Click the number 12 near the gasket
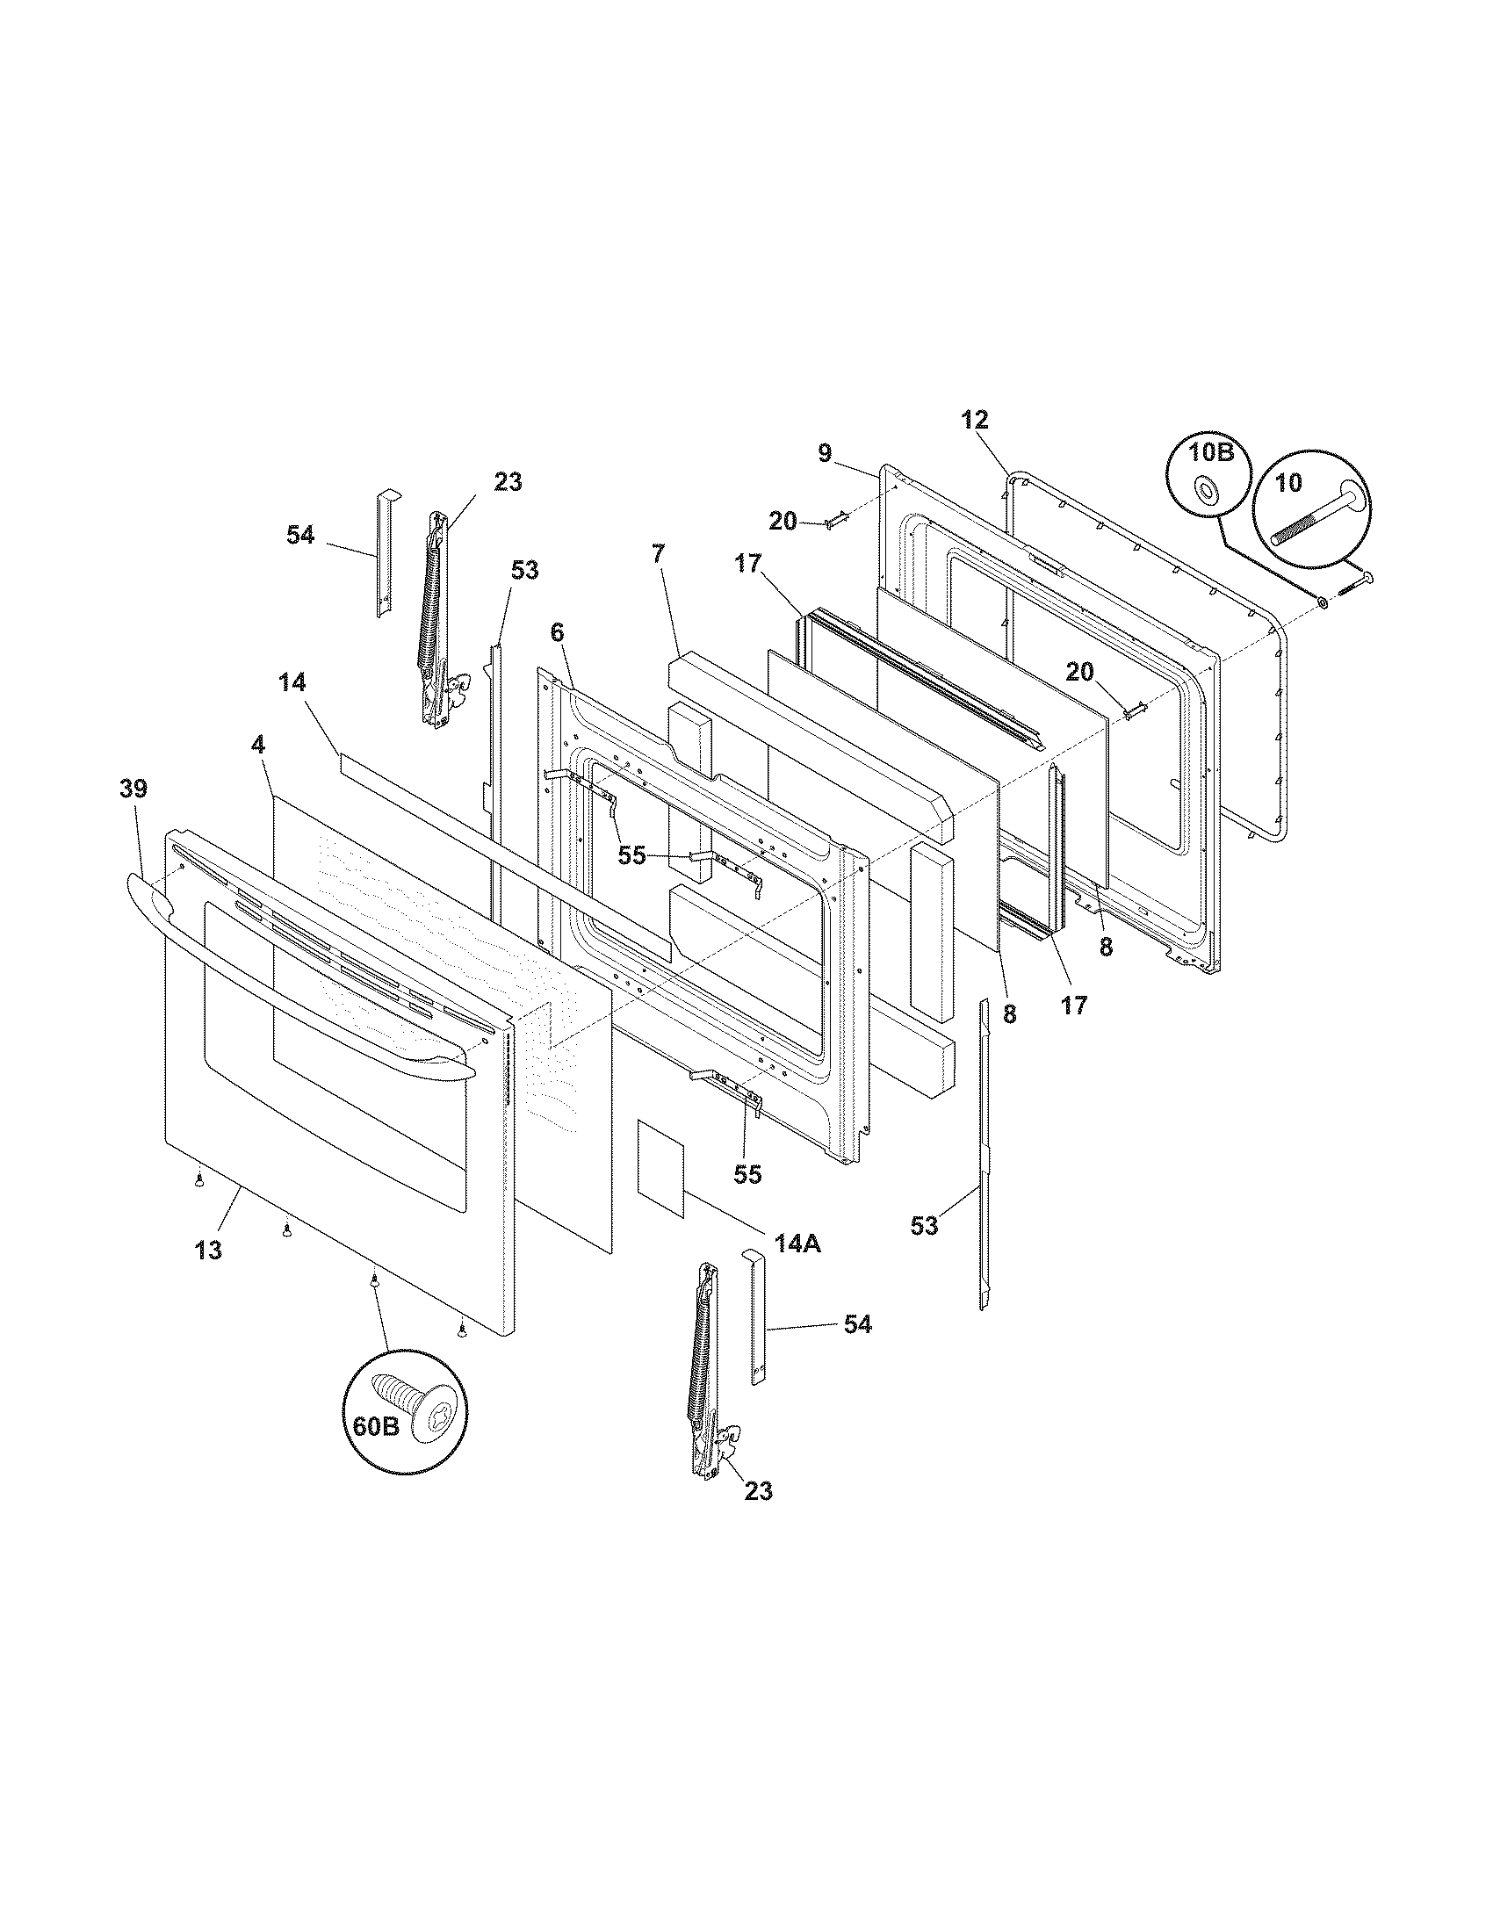(975, 419)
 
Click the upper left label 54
(300, 535)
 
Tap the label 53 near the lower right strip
(924, 1226)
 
